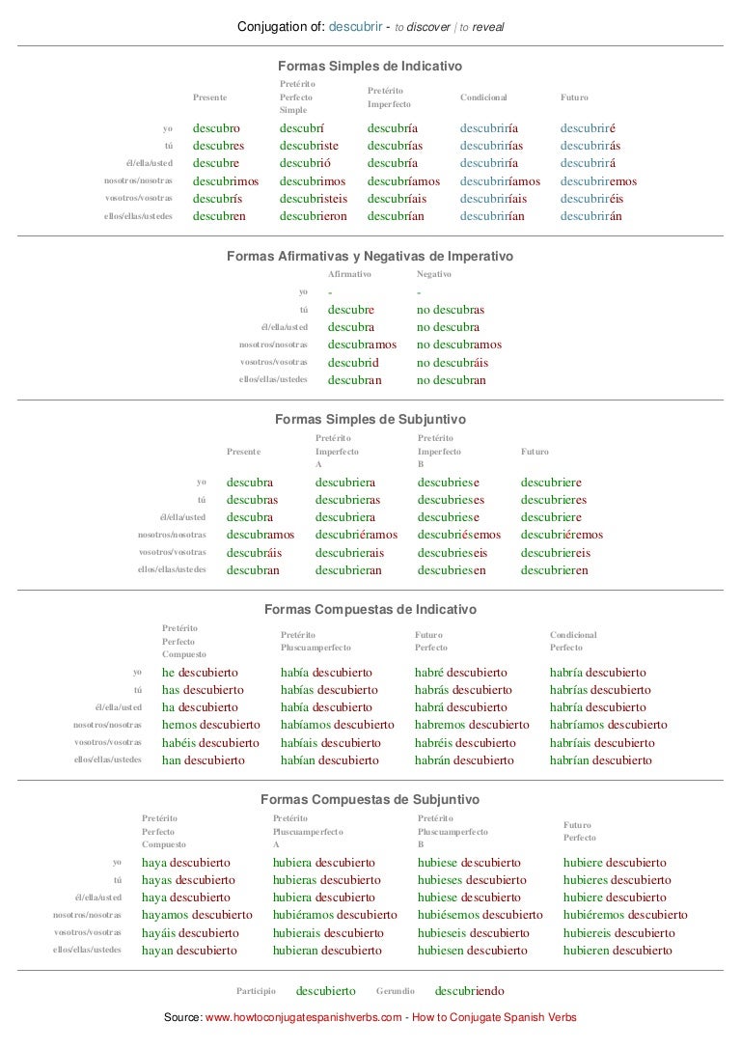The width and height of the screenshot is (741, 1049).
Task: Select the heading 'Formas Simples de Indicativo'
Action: click(x=370, y=67)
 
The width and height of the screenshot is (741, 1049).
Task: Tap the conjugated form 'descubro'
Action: click(x=216, y=127)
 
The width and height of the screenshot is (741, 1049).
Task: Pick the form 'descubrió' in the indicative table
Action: click(x=305, y=162)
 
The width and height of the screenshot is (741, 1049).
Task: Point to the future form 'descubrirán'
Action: click(x=590, y=215)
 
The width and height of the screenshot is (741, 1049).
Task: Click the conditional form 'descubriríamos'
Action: click(x=500, y=180)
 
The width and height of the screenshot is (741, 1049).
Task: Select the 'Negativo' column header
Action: click(x=433, y=274)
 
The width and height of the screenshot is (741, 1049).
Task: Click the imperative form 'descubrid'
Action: click(x=353, y=362)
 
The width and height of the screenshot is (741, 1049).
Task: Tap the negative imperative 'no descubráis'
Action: click(x=453, y=362)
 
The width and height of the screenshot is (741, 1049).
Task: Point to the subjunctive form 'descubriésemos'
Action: click(x=459, y=534)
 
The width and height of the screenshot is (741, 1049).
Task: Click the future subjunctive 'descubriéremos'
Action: click(x=562, y=534)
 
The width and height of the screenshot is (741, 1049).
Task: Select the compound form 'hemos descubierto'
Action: click(x=210, y=725)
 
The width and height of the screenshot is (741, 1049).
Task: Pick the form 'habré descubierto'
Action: click(x=461, y=672)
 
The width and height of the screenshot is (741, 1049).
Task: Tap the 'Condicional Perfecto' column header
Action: click(x=573, y=641)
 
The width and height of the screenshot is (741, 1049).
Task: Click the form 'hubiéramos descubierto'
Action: click(x=335, y=915)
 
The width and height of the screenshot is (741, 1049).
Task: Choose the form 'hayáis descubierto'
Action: click(x=189, y=932)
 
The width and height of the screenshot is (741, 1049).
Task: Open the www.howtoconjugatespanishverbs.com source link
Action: click(x=303, y=1017)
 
